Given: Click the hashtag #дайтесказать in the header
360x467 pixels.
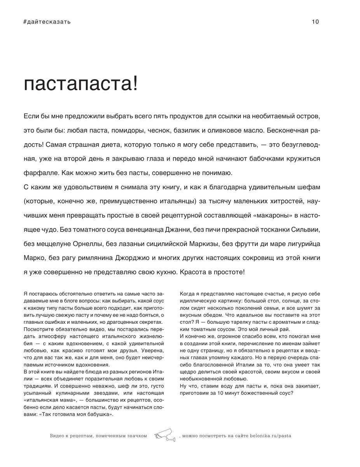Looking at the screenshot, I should [x=47, y=22].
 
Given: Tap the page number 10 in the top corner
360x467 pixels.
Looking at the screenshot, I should [x=315, y=22].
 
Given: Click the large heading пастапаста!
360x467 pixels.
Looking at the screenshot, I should [x=81, y=85].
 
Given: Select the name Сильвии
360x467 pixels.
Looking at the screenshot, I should [x=307, y=230].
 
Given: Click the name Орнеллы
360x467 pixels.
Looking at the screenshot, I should [x=86, y=244].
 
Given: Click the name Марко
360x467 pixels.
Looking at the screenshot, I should [x=33, y=258].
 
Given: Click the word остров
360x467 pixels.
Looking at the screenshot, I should [x=309, y=116].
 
